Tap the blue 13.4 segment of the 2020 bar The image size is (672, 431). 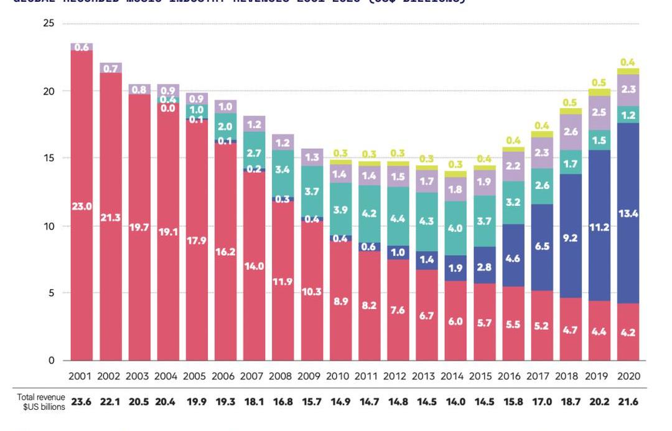coord(628,213)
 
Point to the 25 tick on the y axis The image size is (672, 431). coord(49,24)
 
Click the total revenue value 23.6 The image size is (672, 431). coord(82,402)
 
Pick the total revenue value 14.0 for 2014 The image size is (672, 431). coord(455,402)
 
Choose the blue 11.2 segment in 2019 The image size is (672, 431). coord(600,228)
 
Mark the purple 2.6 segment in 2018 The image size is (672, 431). coord(571,132)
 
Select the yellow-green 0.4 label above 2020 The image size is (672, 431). coord(628,62)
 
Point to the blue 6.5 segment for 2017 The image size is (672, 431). coord(542,247)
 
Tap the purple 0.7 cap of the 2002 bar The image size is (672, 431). coord(111,68)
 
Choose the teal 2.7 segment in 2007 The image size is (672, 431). coord(254,152)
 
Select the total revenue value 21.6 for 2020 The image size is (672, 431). coord(628,402)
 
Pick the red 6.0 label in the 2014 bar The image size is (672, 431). coord(455,321)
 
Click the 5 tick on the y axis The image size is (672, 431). coord(51,293)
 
